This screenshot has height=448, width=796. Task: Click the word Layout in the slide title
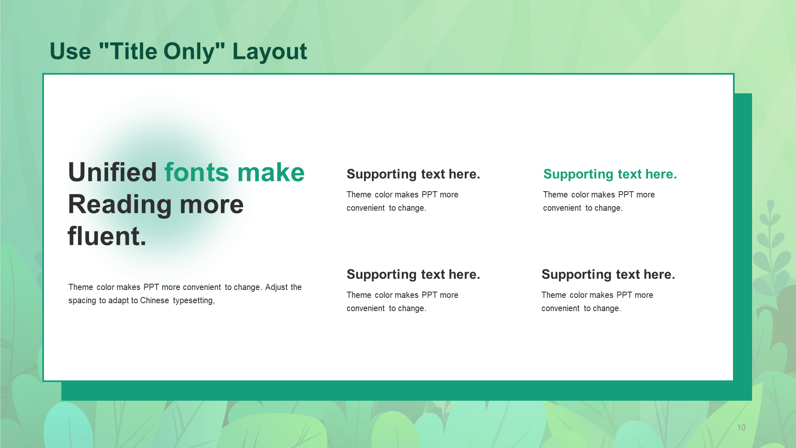click(x=269, y=52)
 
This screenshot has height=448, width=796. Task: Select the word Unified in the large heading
click(x=112, y=172)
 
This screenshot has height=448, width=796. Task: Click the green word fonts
click(x=197, y=172)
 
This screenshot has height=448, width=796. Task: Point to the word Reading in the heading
click(x=120, y=205)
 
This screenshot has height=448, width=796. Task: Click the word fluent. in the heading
click(x=107, y=236)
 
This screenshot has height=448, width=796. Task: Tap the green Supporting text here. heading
click(x=610, y=174)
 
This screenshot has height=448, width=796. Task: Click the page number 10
click(x=741, y=428)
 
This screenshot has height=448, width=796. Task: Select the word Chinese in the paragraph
click(x=155, y=300)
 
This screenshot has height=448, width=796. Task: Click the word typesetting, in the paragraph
click(x=194, y=301)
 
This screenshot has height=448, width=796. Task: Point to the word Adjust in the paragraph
click(x=277, y=287)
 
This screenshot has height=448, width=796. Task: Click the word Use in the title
click(x=70, y=51)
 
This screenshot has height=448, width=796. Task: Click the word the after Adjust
click(x=296, y=287)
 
